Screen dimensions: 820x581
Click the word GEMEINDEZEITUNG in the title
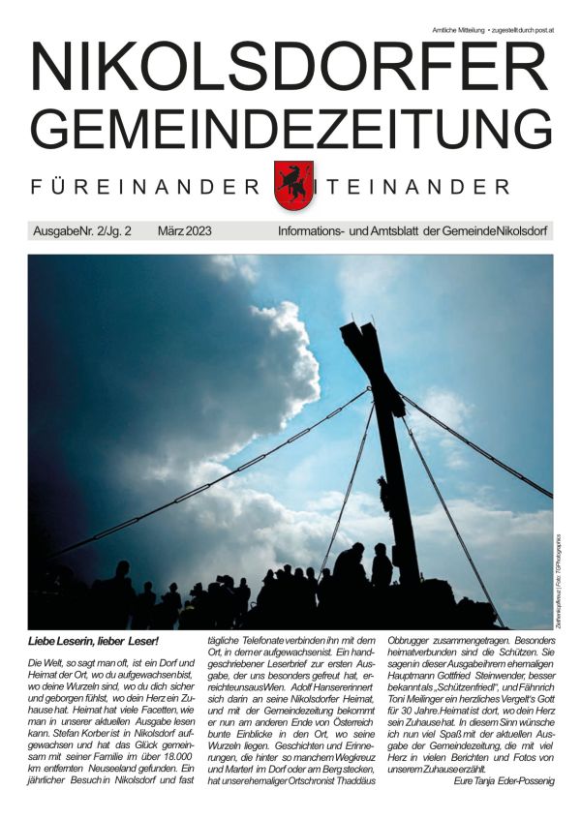click(x=290, y=129)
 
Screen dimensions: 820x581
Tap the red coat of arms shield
click(x=291, y=185)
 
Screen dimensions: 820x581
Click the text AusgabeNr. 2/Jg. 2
click(x=82, y=232)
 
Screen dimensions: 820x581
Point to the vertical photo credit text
click(x=559, y=577)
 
